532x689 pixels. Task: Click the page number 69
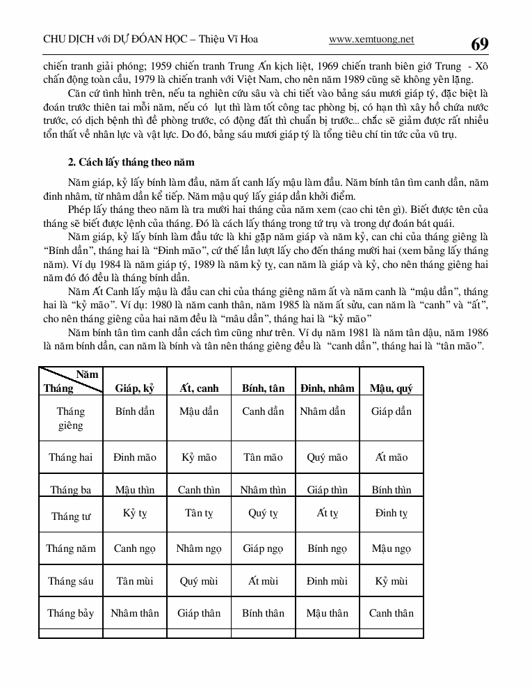[479, 45]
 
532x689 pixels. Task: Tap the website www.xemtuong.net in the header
[371, 40]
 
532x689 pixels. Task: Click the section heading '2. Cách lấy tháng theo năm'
[131, 162]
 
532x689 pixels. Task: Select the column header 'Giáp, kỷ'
[135, 388]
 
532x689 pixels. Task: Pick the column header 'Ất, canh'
[199, 388]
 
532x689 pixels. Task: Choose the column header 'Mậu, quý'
[391, 388]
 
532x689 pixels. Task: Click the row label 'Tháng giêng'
[70, 418]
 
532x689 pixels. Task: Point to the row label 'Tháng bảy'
[70, 613]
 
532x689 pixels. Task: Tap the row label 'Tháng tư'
[70, 516]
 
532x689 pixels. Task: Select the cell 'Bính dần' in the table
[135, 411]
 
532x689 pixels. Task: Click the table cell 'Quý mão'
[327, 457]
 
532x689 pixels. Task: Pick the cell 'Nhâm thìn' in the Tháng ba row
[263, 490]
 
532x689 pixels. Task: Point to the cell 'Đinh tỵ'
[391, 514]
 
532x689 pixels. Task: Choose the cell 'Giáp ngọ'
[263, 548]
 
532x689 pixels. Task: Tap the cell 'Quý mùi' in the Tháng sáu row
[199, 581]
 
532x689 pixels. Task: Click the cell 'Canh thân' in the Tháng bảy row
[391, 613]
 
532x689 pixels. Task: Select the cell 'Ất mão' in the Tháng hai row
[391, 457]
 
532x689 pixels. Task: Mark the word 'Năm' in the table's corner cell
[87, 374]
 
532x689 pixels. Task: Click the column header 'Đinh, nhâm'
[327, 388]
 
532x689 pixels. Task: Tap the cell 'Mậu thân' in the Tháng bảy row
[327, 613]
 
